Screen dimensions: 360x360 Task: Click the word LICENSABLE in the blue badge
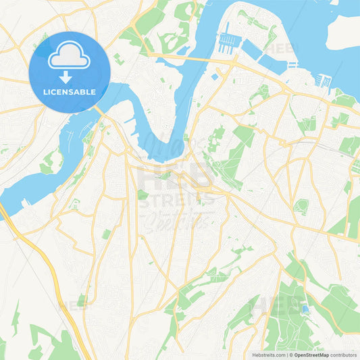click(x=70, y=91)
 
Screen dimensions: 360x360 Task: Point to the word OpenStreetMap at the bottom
click(x=310, y=355)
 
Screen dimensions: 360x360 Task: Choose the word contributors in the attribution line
click(x=343, y=355)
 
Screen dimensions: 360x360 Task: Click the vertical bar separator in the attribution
click(x=287, y=355)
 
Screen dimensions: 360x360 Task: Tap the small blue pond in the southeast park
click(x=305, y=309)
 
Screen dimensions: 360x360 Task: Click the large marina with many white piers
click(x=228, y=43)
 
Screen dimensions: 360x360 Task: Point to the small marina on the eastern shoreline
click(x=323, y=80)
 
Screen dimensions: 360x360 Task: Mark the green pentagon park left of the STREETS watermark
click(x=143, y=195)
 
